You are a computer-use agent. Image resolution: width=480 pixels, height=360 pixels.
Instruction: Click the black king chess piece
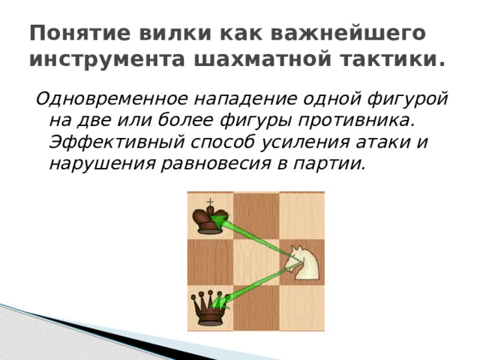coord(208,219)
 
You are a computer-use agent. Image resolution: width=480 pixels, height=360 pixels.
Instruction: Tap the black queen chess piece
coord(208,308)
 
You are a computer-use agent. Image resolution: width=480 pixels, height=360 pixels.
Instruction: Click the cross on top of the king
coord(210,201)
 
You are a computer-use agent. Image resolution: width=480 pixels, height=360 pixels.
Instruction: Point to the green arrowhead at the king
coord(218,220)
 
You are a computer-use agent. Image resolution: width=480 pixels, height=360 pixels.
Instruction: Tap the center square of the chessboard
coord(256,262)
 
